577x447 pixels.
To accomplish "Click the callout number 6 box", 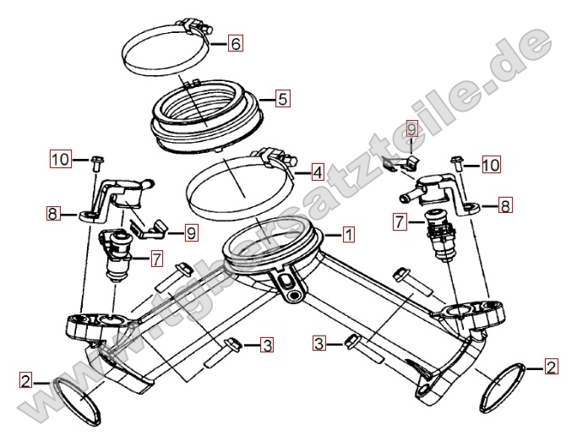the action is coord(235,43).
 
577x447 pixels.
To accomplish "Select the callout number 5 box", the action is coord(283,99).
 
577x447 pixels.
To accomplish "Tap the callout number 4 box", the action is coord(318,172).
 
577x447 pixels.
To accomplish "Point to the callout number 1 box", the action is coord(348,234).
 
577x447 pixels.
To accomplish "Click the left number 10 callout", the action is coord(60,160).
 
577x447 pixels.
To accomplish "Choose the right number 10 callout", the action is coord(491,165).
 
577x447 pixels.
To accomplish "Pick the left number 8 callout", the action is coord(52,213).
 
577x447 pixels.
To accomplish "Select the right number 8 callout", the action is coord(505,205).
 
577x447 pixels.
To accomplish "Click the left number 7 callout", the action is coord(157,259).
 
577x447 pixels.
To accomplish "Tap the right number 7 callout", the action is coord(400,222).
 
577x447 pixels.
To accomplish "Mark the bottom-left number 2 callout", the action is coord(25,380).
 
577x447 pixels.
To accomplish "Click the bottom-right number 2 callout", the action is coord(551,367).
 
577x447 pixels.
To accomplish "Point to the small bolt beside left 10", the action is coord(97,164).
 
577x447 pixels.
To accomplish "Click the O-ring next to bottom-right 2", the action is coord(503,387).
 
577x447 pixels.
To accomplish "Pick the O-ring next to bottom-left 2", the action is coord(77,401).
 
